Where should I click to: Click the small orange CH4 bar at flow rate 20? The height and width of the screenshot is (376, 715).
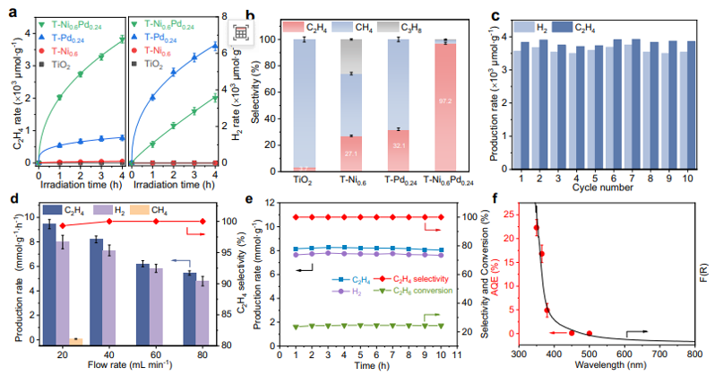click(74, 340)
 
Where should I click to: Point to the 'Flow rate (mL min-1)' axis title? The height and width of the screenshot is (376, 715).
click(123, 367)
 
